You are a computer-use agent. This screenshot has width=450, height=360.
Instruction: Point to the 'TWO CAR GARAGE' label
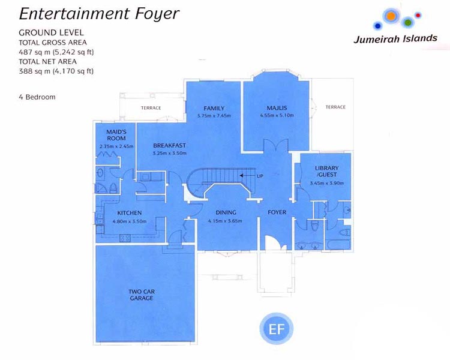pyautogui.click(x=142, y=295)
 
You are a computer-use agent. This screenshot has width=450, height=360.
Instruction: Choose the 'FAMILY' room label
pyautogui.click(x=214, y=108)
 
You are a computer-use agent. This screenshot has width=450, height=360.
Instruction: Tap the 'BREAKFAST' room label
pyautogui.click(x=169, y=146)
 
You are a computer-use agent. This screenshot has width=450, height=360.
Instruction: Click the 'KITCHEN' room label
pyautogui.click(x=130, y=213)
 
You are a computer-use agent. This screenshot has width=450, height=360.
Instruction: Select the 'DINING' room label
pyautogui.click(x=226, y=212)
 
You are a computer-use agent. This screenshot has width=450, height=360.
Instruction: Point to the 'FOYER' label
pyautogui.click(x=277, y=212)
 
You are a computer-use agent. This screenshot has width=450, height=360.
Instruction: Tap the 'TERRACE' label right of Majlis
pyautogui.click(x=335, y=107)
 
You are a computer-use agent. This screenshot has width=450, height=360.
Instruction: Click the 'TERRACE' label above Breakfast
pyautogui.click(x=151, y=108)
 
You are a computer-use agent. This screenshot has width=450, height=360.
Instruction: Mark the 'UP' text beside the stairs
pyautogui.click(x=259, y=176)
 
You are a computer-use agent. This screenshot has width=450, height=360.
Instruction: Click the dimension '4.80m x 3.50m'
pyautogui.click(x=130, y=220)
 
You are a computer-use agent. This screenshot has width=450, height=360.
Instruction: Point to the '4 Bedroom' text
pyautogui.click(x=37, y=97)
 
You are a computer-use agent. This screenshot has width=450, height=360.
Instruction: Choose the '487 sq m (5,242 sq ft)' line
pyautogui.click(x=56, y=52)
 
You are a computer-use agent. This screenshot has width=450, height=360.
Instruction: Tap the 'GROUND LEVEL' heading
pyautogui.click(x=51, y=32)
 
